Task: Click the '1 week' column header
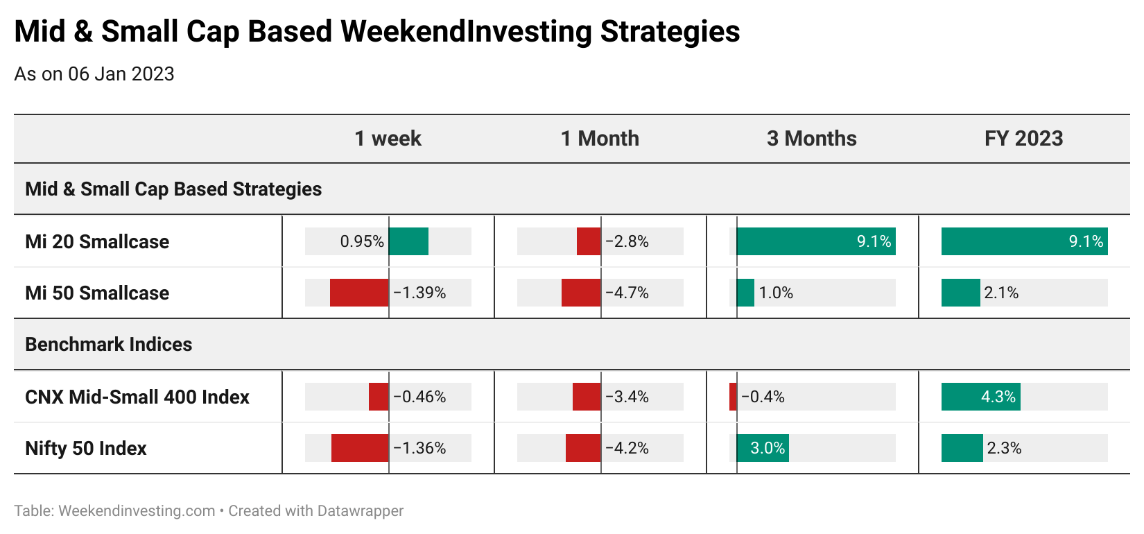click(x=388, y=139)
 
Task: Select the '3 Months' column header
click(x=811, y=139)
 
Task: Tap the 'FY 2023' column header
click(x=1023, y=139)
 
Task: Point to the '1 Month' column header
click(x=600, y=139)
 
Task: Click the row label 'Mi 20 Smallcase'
click(x=97, y=242)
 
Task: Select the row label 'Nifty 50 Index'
click(x=86, y=448)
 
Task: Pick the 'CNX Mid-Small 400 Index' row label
click(x=137, y=397)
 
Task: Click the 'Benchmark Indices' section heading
click(x=109, y=345)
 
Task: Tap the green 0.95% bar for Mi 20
click(x=408, y=241)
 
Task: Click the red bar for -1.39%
click(x=359, y=293)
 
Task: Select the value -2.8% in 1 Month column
click(x=627, y=241)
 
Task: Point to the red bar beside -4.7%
click(x=581, y=293)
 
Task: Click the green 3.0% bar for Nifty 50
click(x=763, y=448)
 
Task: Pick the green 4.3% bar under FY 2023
click(x=981, y=397)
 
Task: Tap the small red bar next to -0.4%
click(x=733, y=397)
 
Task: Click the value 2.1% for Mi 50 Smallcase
click(x=1001, y=293)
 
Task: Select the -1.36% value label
click(x=419, y=448)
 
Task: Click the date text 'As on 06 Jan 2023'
click(x=94, y=74)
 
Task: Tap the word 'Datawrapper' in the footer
click(x=360, y=511)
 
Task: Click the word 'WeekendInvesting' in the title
click(x=466, y=32)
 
